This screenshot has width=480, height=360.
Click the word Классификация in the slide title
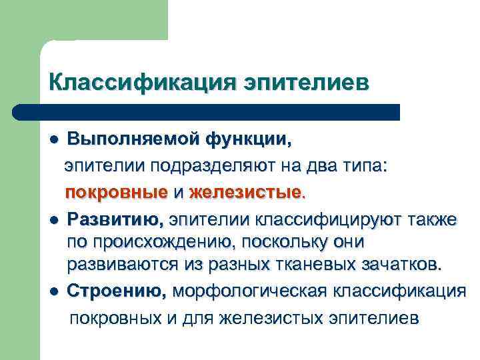coord(142,82)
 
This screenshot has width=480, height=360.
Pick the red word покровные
coord(116,193)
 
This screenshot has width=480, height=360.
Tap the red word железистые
coord(246,193)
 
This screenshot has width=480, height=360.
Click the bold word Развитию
coord(115,218)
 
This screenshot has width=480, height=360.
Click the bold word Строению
coord(117,291)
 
